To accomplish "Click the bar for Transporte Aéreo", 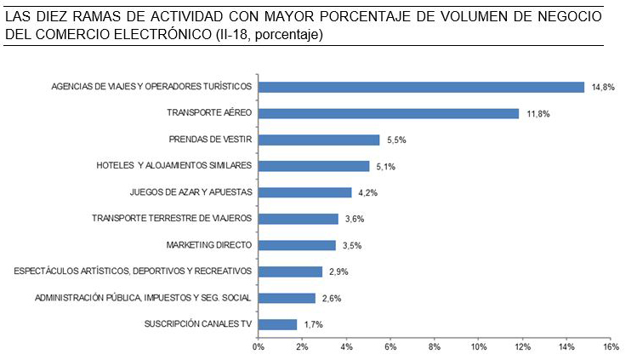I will (x=388, y=113).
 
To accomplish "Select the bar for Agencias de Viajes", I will (x=421, y=87).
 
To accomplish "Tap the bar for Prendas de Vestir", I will (x=318, y=140).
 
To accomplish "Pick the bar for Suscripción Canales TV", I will (x=277, y=324).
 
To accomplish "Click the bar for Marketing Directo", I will (x=297, y=245).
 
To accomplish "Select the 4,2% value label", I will (x=367, y=192).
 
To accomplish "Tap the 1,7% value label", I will (x=313, y=324).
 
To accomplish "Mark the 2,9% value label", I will (x=338, y=271).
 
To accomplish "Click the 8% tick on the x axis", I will (x=434, y=347).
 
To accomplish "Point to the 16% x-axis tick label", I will (x=610, y=347).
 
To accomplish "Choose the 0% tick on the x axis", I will (x=258, y=347).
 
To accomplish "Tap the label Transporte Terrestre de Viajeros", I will (x=172, y=219).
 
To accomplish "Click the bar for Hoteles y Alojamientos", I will (x=314, y=166).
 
